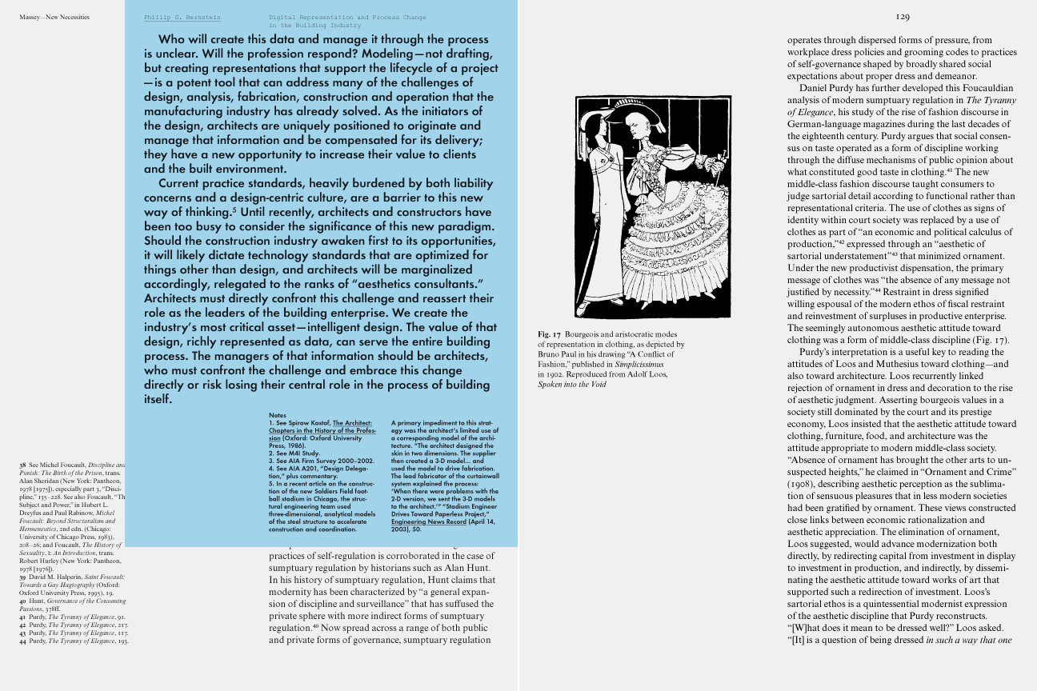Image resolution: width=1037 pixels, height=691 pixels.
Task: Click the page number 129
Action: click(903, 16)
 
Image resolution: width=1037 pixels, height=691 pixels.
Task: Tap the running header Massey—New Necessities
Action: click(54, 17)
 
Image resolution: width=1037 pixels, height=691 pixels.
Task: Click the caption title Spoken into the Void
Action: click(571, 385)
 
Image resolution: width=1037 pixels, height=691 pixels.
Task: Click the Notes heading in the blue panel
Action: click(278, 416)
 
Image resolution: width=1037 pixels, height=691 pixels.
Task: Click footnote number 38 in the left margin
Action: click(23, 465)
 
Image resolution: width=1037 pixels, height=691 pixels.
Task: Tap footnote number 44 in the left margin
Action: click(23, 641)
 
